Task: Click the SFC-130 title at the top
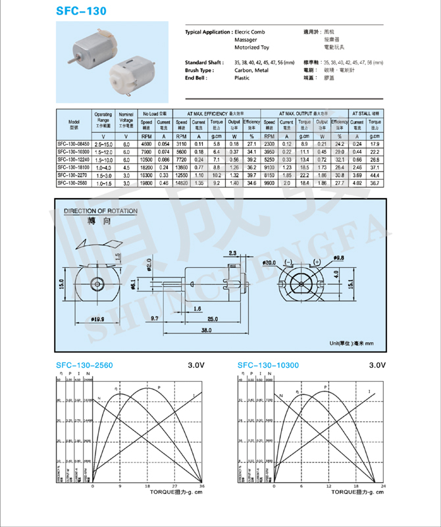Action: click(x=80, y=12)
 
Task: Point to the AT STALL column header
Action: click(x=366, y=114)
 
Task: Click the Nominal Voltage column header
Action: click(x=126, y=120)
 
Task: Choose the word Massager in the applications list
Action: click(x=246, y=39)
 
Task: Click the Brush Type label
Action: click(x=199, y=70)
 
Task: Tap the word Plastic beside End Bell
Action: click(x=242, y=78)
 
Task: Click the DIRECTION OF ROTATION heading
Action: click(x=101, y=211)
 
